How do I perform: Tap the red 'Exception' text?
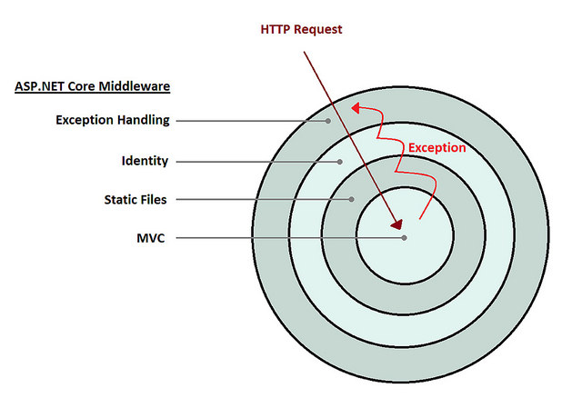[x=436, y=147]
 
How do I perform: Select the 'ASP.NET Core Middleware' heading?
[x=93, y=87]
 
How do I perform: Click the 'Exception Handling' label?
[x=113, y=120]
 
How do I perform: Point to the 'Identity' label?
[x=145, y=161]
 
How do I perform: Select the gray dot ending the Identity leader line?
[x=340, y=162]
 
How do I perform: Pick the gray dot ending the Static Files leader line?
[x=352, y=198]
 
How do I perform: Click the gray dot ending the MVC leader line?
[x=404, y=238]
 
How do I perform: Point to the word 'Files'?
[x=153, y=198]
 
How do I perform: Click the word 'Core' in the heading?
[x=85, y=87]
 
